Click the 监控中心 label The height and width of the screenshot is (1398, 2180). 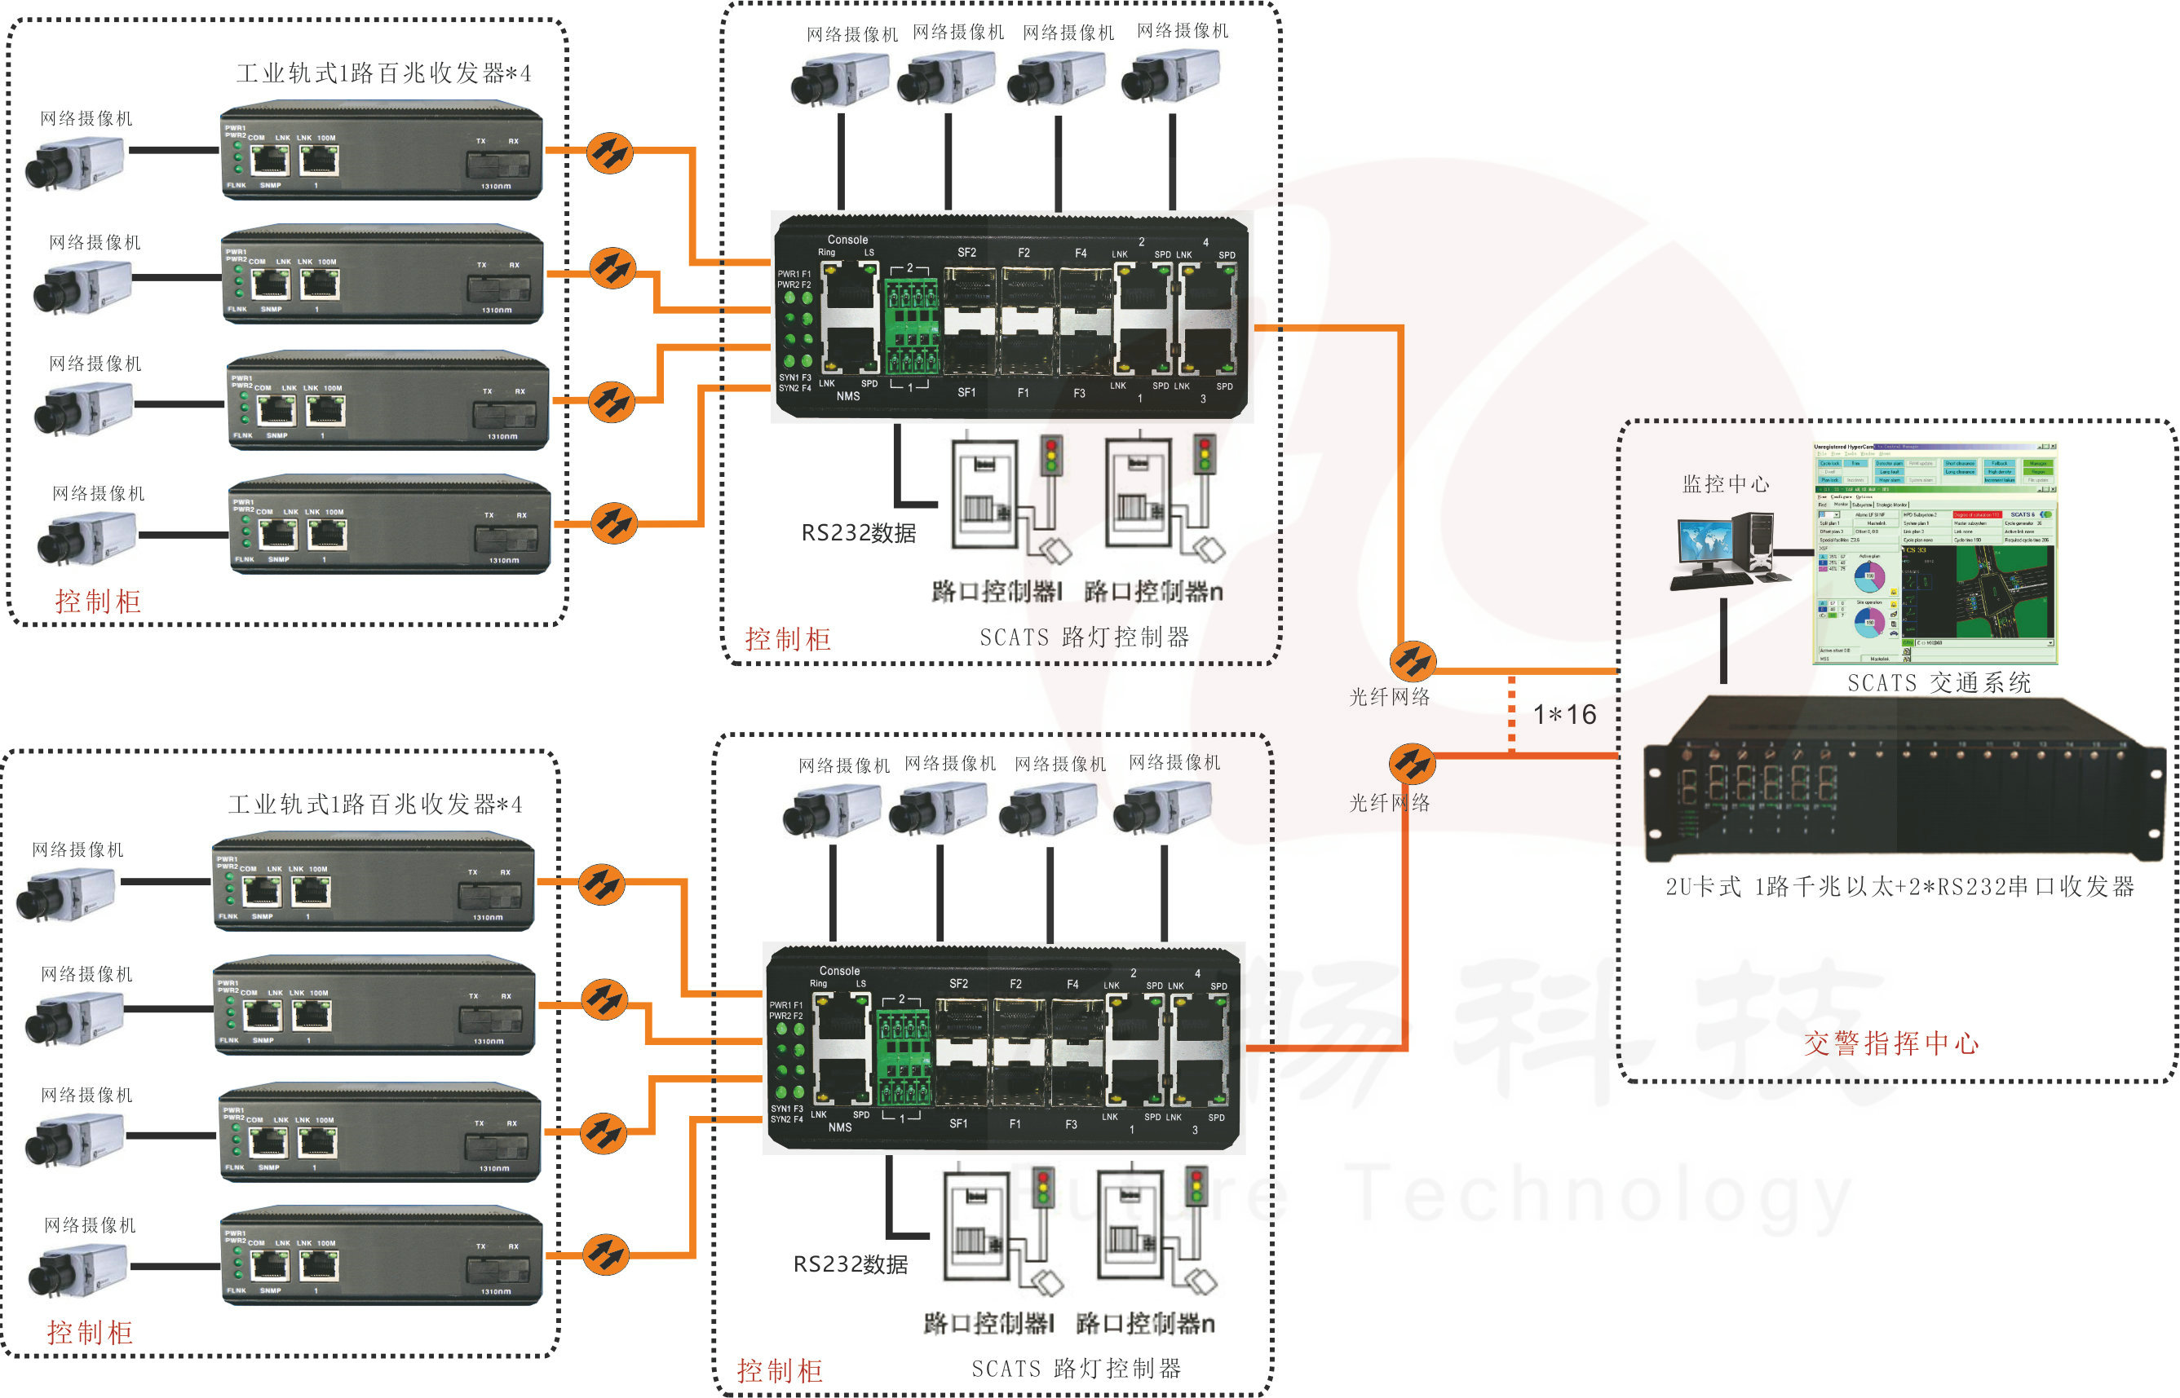click(1725, 485)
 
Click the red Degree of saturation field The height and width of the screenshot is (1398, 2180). click(1977, 514)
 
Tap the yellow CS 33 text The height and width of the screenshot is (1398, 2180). click(1916, 550)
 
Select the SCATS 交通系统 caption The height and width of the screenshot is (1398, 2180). click(1939, 682)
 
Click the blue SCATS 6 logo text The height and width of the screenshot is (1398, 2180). click(2022, 514)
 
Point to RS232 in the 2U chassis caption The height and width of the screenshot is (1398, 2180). click(1966, 887)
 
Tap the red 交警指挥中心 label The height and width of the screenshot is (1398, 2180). click(1890, 1043)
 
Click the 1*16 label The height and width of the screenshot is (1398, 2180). click(1564, 714)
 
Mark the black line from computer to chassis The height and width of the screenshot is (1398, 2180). click(1723, 640)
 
